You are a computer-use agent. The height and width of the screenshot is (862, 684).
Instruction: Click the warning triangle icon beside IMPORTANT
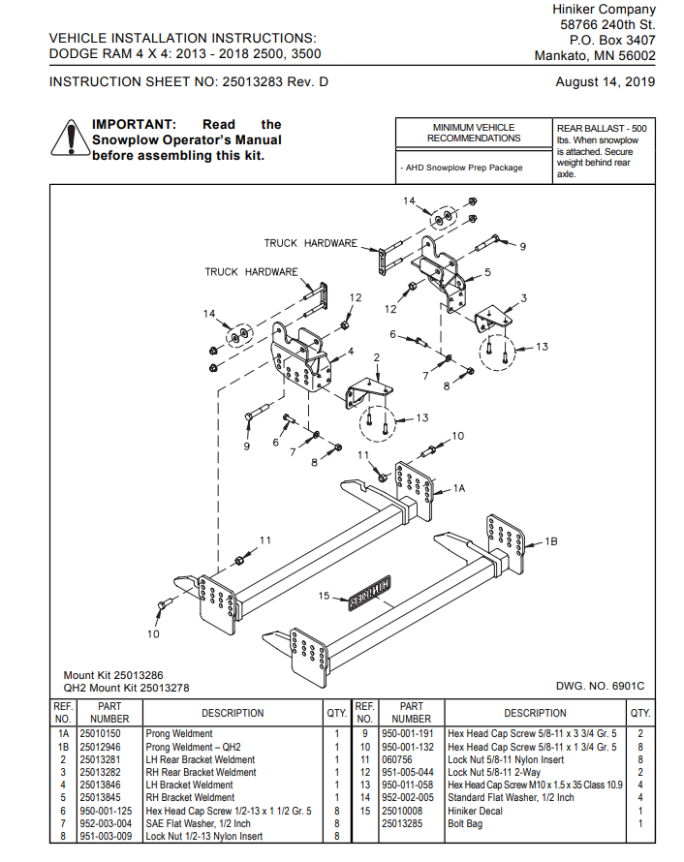click(70, 139)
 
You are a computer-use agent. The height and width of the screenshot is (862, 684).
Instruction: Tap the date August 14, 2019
click(605, 81)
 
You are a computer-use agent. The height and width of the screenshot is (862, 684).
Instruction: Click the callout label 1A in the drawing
click(459, 489)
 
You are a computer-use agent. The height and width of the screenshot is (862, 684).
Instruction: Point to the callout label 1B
click(551, 540)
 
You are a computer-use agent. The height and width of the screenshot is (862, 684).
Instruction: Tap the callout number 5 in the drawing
click(487, 272)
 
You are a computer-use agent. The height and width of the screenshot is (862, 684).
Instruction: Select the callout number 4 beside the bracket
click(350, 351)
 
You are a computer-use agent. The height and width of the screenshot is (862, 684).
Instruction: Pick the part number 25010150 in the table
click(100, 734)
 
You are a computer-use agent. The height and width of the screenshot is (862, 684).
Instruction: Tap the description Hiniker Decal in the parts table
click(475, 811)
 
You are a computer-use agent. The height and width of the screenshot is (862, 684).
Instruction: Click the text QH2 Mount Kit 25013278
click(126, 688)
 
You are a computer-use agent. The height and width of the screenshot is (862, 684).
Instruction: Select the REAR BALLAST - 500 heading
click(602, 128)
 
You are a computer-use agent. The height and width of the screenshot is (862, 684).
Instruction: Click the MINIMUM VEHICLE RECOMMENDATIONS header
click(474, 133)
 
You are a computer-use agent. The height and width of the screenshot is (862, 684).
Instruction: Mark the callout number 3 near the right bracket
click(523, 297)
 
